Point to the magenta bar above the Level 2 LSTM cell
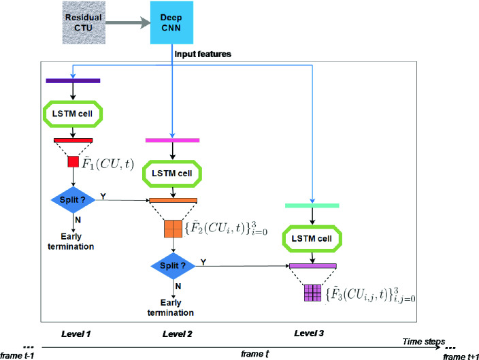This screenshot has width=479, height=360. tap(172, 140)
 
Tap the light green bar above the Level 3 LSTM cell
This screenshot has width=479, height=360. tap(312, 206)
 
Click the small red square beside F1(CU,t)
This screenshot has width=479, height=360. tap(72, 162)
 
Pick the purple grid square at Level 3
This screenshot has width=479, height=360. tap(312, 293)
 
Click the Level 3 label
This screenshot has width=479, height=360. tap(312, 335)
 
